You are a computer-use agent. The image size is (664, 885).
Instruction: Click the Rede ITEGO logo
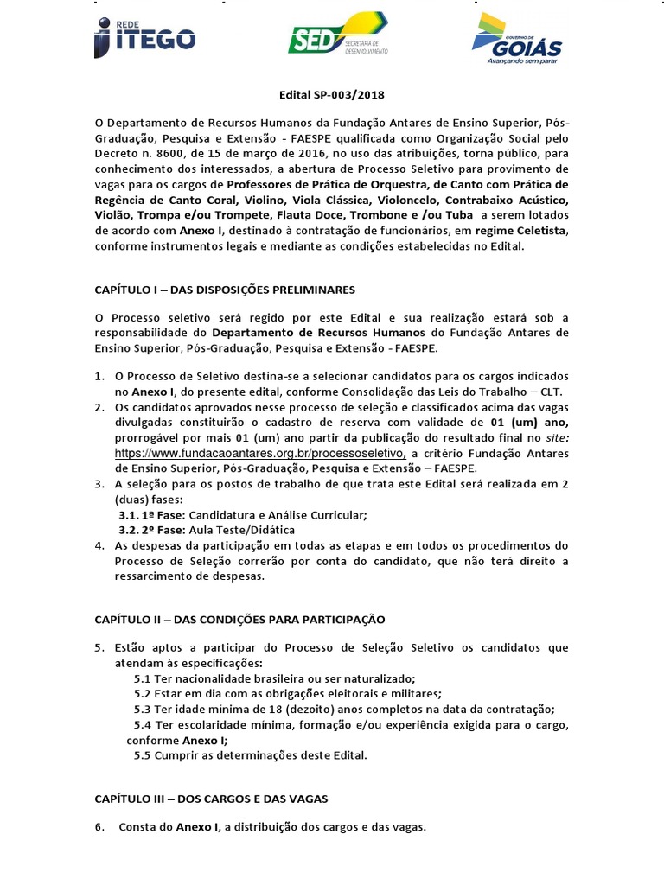tap(144, 37)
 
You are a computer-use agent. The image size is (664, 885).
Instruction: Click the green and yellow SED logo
tap(337, 36)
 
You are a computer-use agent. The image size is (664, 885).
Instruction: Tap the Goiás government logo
tap(516, 40)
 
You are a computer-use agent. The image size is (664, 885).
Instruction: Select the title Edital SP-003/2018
tap(331, 97)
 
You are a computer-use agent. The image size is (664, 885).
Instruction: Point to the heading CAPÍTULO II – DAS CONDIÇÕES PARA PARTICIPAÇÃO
tap(239, 620)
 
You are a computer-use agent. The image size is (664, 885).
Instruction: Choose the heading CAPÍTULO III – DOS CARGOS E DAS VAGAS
tap(210, 799)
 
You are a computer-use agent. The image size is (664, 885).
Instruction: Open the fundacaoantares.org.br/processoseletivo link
tap(261, 452)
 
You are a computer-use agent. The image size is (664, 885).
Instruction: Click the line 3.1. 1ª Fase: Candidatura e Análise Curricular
tap(243, 515)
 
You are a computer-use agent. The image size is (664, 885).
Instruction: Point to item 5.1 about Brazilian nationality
tap(274, 678)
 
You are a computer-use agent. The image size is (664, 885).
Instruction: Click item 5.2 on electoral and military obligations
tap(287, 694)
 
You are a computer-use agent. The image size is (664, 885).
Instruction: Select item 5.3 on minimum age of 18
tap(344, 709)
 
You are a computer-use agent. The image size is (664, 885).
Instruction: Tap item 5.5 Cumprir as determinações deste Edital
tap(251, 754)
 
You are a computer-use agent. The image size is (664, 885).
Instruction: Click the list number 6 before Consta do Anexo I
tap(99, 827)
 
